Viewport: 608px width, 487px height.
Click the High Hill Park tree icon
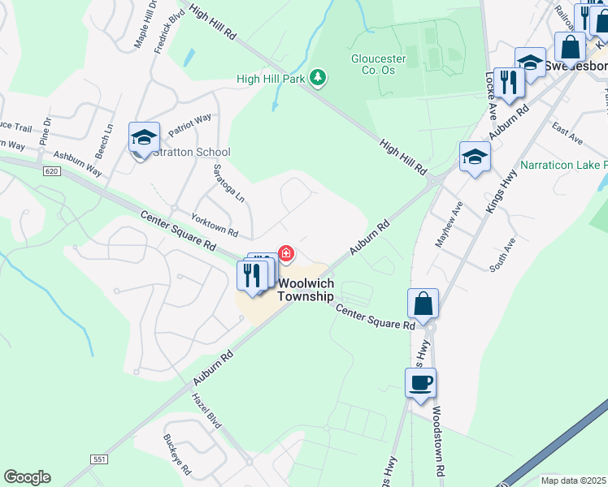319,78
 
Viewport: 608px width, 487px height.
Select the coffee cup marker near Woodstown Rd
420,382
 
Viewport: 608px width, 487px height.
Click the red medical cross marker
286,254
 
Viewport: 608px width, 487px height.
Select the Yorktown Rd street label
214,226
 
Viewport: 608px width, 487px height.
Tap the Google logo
27,477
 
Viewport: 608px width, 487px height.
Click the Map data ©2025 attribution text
574,481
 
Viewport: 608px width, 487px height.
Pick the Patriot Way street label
189,123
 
